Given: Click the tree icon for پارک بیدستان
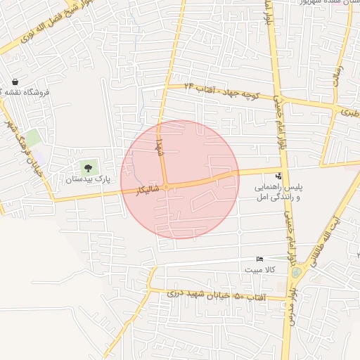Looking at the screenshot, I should coord(87,167).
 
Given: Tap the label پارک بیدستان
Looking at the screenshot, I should coord(88,180).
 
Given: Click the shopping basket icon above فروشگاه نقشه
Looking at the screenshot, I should coord(15,82).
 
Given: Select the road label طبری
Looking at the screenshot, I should coord(349,111).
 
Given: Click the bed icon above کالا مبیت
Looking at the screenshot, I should coord(260,259).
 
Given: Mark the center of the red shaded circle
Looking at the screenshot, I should coord(179,179).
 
